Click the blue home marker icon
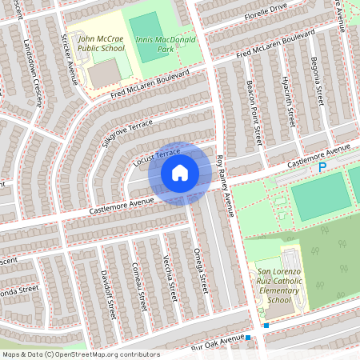click(x=180, y=172)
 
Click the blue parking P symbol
click(x=322, y=167)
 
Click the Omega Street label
click(x=200, y=266)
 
